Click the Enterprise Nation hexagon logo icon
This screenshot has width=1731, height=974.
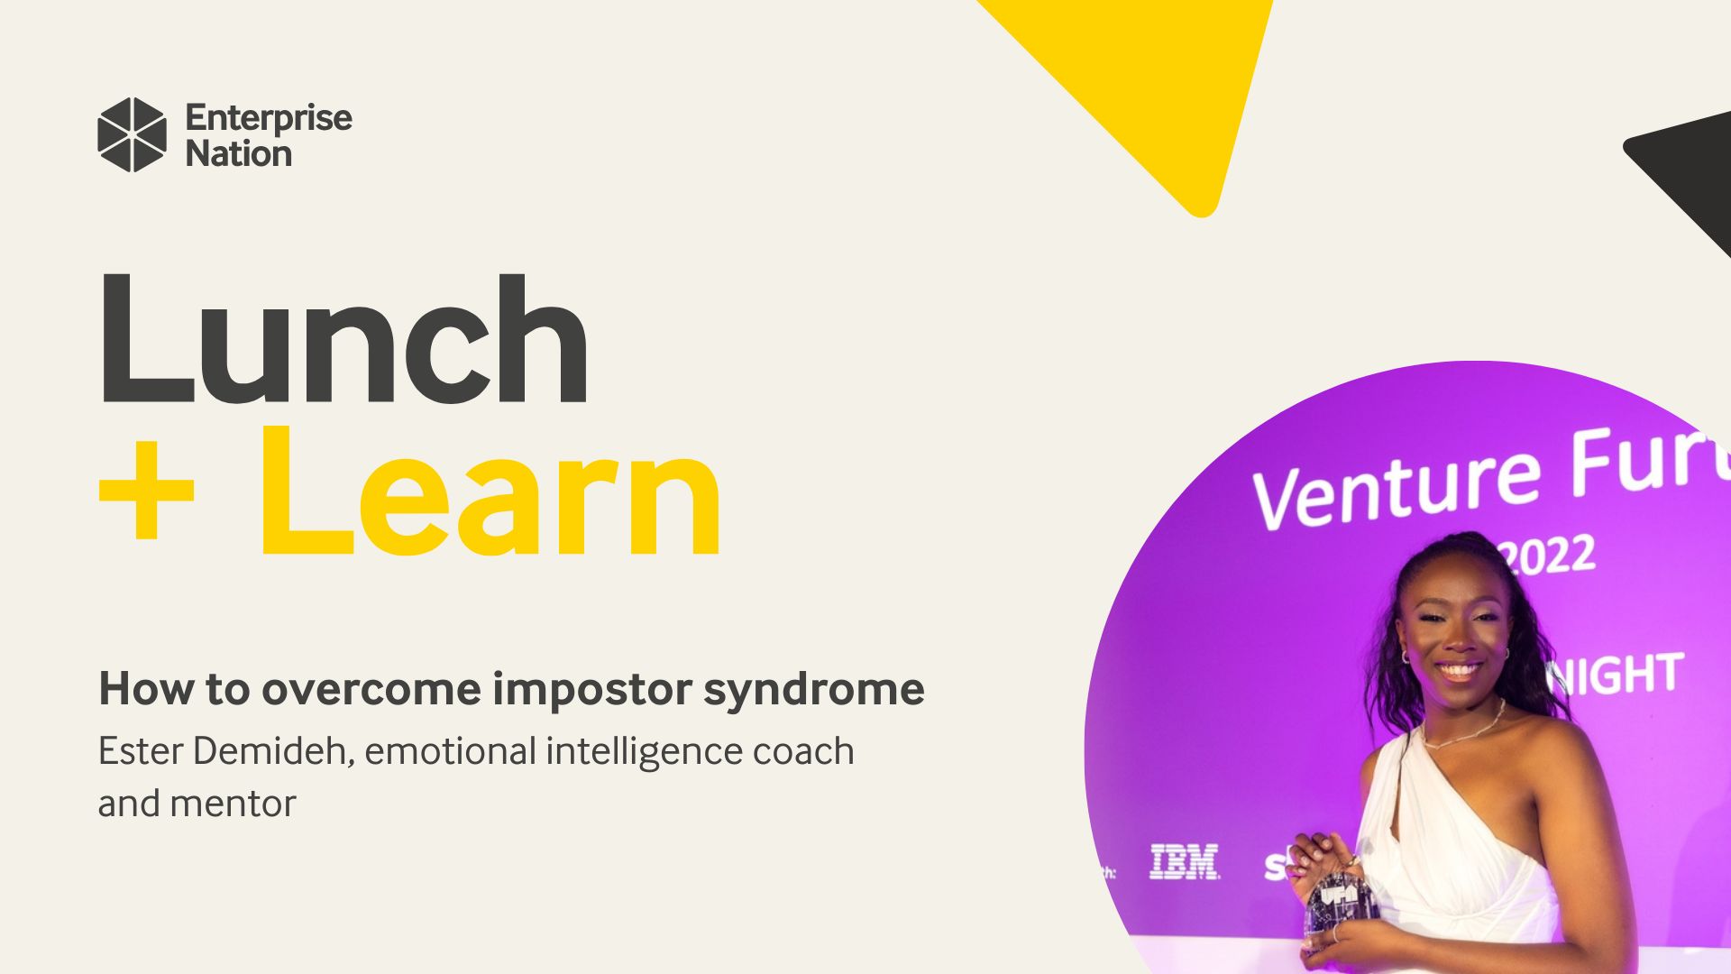tap(132, 135)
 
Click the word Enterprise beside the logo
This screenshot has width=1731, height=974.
tap(269, 118)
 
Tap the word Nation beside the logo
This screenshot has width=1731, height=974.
tap(238, 154)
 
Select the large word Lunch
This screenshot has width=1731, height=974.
tap(343, 340)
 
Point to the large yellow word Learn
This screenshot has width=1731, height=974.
tap(491, 495)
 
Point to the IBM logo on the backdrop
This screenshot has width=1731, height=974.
tap(1185, 862)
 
